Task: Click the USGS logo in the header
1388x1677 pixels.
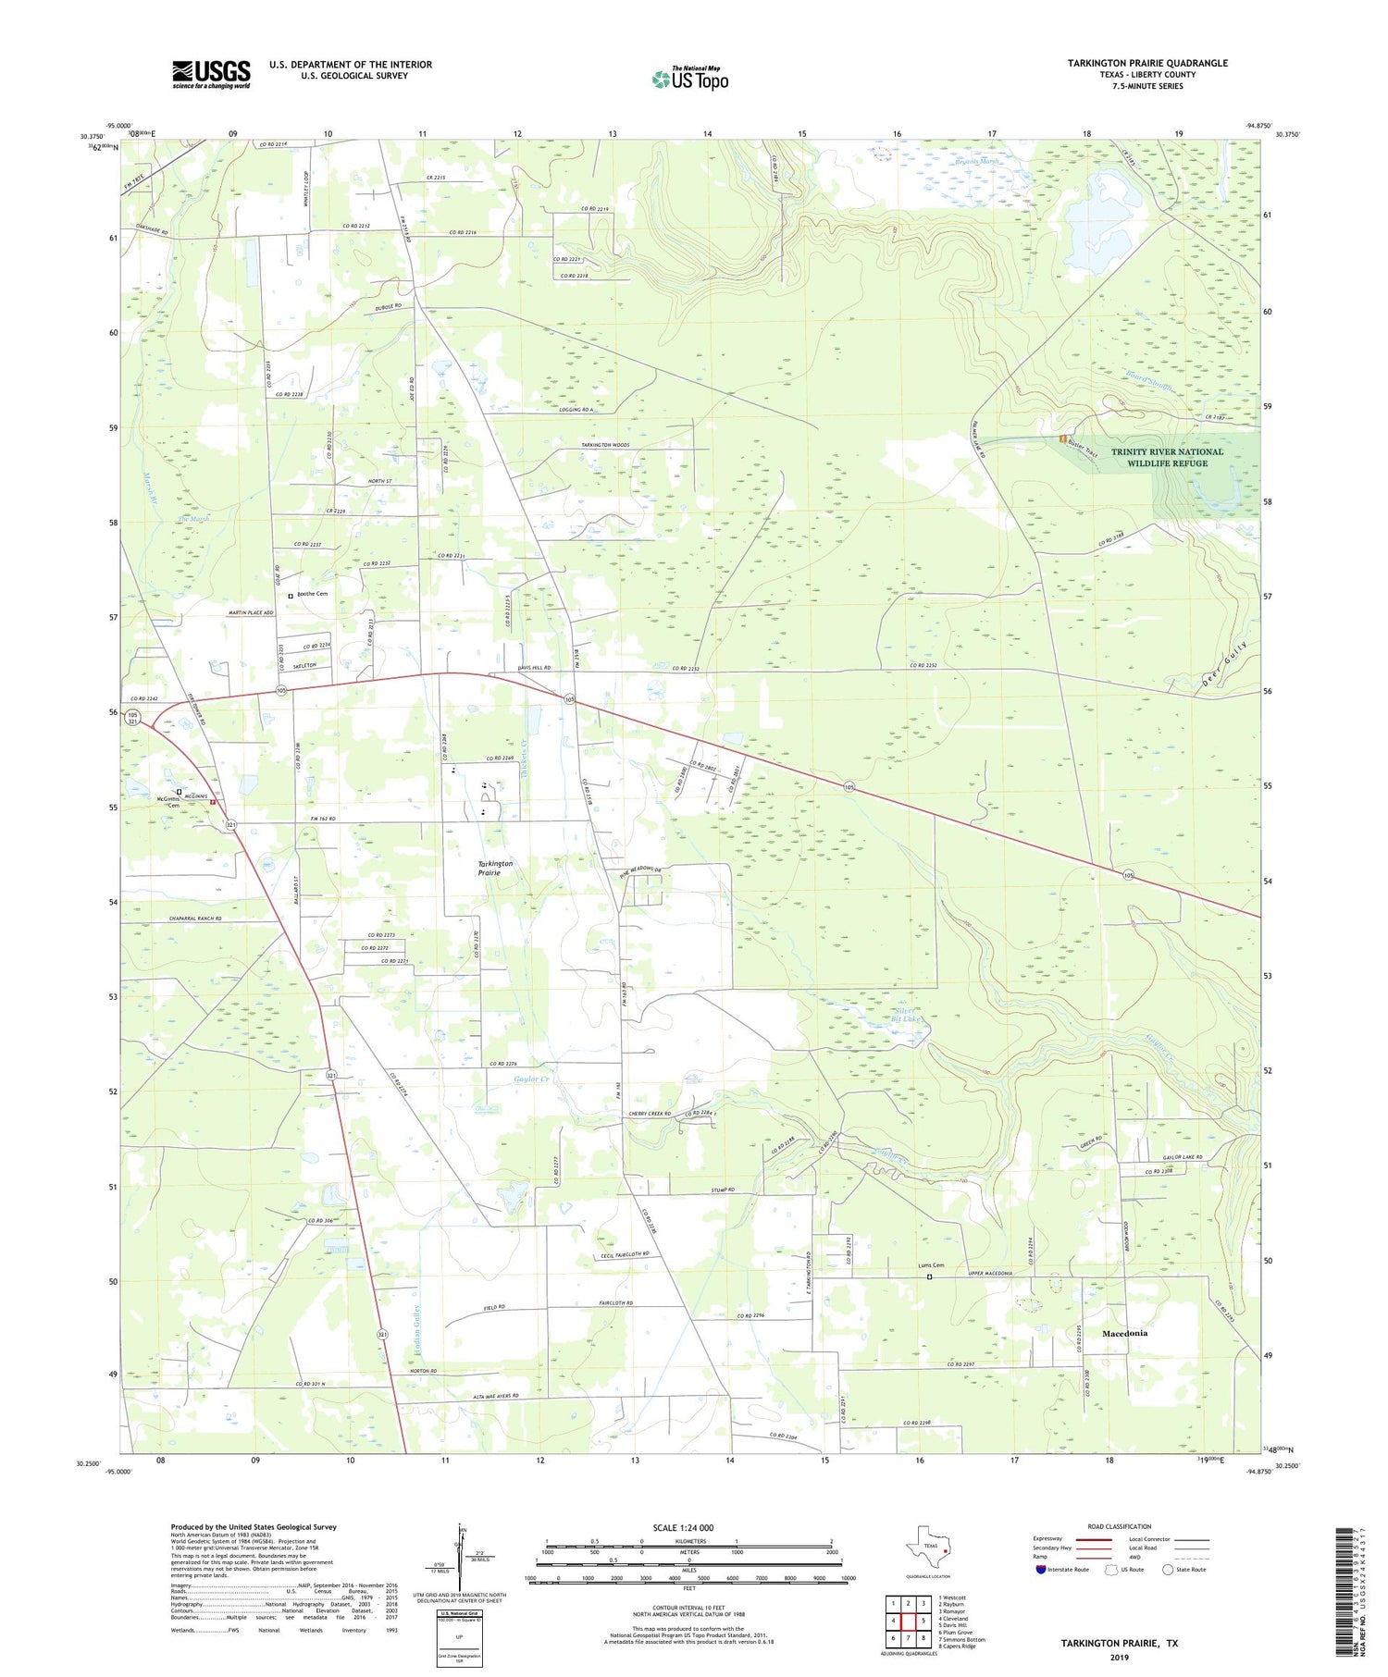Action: pos(211,74)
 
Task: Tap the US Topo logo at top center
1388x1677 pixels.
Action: pos(690,79)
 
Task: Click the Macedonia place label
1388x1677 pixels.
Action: pos(1124,1333)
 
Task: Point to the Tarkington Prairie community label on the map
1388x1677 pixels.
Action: pos(495,868)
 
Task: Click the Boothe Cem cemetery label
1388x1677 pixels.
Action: pos(312,594)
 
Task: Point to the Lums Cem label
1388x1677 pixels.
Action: pos(931,1265)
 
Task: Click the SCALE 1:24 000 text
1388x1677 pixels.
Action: pos(683,1527)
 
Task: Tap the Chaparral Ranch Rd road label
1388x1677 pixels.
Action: pos(183,919)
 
